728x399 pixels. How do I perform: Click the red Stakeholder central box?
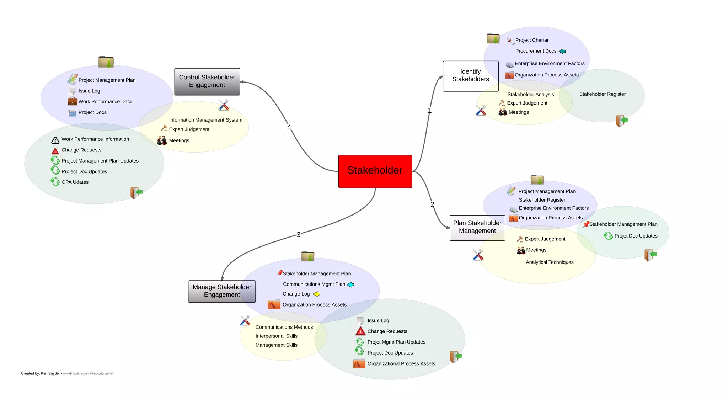(375, 171)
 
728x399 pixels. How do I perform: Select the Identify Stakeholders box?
(470, 76)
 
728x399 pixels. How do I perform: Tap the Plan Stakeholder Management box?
(477, 227)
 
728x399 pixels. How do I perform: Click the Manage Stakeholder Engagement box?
(222, 291)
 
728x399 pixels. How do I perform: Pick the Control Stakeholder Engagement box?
(207, 81)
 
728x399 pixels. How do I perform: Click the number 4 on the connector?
(289, 127)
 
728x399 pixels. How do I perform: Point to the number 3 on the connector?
(299, 235)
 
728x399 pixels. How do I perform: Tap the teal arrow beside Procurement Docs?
(562, 52)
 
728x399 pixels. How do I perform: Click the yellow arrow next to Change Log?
(317, 294)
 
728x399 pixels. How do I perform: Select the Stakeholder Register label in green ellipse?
(602, 94)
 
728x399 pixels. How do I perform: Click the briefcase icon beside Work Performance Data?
(73, 101)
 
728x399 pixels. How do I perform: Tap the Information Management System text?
(205, 120)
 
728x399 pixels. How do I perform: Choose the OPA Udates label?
(75, 182)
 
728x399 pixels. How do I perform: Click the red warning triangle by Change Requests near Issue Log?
(360, 331)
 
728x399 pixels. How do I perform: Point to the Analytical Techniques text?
(550, 262)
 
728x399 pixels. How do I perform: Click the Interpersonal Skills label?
(276, 336)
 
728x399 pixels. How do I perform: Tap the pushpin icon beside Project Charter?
(510, 41)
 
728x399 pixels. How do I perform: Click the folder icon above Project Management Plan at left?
(106, 62)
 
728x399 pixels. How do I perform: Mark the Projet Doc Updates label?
(636, 236)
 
